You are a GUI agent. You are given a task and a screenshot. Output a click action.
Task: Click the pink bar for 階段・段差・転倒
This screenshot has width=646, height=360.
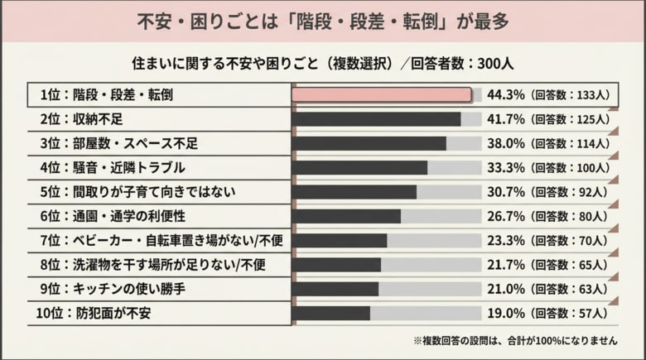pos(382,95)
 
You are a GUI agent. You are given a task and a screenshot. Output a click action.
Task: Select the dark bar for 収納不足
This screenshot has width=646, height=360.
pos(377,119)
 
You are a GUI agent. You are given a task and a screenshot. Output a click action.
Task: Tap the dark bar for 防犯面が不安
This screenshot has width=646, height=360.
pos(331,314)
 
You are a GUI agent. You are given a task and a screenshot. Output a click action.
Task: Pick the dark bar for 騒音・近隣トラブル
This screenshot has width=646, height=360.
pos(360,168)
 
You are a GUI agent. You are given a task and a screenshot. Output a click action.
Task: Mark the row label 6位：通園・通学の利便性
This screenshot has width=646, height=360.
pos(113,217)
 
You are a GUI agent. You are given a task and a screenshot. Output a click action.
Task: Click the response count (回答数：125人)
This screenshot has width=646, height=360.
pos(570,119)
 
